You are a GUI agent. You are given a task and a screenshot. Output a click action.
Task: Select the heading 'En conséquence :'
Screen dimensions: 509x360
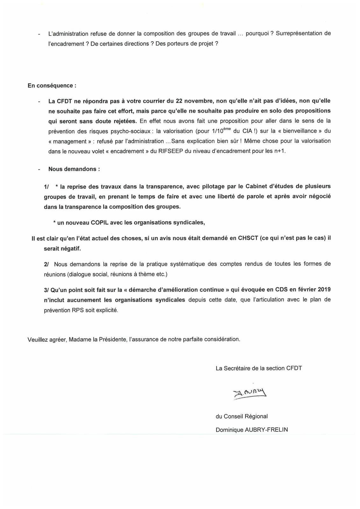[52, 86]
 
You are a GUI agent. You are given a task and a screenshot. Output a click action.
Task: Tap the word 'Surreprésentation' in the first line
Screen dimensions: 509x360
[299, 33]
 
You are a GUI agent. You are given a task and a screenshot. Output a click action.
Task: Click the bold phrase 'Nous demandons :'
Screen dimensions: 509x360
[74, 169]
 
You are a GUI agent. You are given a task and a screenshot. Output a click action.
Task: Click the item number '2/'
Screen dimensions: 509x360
[46, 264]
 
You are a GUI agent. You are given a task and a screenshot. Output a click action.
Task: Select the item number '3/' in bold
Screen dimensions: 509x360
[46, 290]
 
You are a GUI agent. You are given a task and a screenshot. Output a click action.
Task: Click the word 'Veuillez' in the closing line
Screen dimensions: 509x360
[38, 339]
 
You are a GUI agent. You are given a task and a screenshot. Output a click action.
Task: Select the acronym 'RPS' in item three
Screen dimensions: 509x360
[78, 310]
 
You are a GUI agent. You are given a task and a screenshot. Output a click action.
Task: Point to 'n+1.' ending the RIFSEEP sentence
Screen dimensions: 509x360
[280, 151]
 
